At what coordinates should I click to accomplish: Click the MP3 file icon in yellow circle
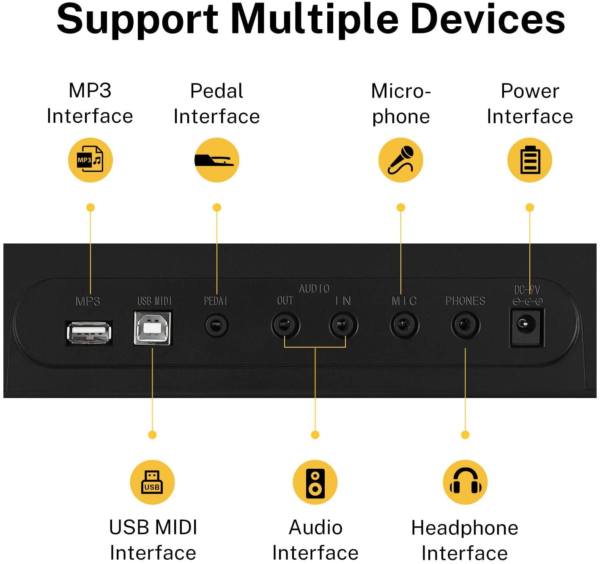[x=90, y=160]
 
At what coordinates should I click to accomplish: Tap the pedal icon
[x=216, y=160]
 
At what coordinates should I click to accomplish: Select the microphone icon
[x=400, y=160]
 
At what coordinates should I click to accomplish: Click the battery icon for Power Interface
[x=529, y=160]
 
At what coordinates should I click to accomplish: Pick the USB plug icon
[x=152, y=482]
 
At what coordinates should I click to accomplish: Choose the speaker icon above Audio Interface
[x=315, y=482]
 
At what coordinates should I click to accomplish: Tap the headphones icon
[x=465, y=482]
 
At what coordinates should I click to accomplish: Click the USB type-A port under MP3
[x=89, y=332]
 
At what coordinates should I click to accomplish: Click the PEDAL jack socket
[x=216, y=326]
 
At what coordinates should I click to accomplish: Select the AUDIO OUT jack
[x=285, y=326]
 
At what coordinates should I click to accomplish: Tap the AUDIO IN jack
[x=343, y=326]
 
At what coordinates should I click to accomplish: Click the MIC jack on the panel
[x=404, y=325]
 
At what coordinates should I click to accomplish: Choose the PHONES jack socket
[x=465, y=325]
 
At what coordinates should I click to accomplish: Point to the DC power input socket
[x=526, y=326]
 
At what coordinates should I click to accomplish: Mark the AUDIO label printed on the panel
[x=314, y=289]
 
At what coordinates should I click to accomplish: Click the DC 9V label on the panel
[x=527, y=290]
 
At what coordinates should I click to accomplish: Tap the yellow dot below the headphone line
[x=465, y=435]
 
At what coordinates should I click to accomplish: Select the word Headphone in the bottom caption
[x=465, y=528]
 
